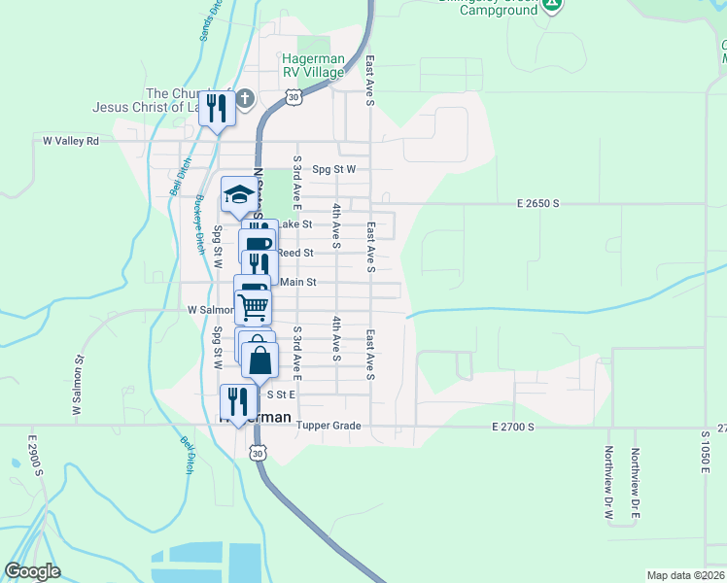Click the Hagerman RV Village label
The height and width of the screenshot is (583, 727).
(312, 65)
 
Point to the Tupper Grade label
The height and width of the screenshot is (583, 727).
(329, 426)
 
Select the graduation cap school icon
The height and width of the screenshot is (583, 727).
(238, 195)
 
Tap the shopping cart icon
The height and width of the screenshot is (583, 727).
(254, 306)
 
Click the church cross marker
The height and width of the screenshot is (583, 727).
(245, 97)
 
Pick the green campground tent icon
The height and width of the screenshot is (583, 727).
(551, 3)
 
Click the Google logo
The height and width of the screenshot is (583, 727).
(32, 571)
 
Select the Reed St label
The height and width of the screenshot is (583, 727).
(294, 253)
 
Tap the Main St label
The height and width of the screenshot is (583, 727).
(298, 283)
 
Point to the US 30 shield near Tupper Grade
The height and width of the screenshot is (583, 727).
(257, 453)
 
